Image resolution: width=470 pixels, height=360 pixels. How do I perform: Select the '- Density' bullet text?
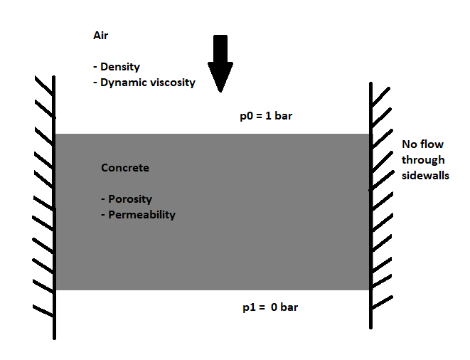[116, 67]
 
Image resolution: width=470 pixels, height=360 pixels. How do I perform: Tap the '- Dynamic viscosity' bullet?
[144, 83]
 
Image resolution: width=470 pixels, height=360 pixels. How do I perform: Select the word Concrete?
[125, 168]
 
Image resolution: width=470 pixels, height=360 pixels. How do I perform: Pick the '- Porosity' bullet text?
[127, 199]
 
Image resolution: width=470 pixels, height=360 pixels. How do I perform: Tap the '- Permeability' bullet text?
[138, 214]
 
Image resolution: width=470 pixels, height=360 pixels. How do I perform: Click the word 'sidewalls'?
[425, 175]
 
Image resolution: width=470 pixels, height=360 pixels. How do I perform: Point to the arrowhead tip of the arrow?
[220, 91]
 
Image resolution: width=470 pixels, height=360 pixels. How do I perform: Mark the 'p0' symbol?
[246, 116]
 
